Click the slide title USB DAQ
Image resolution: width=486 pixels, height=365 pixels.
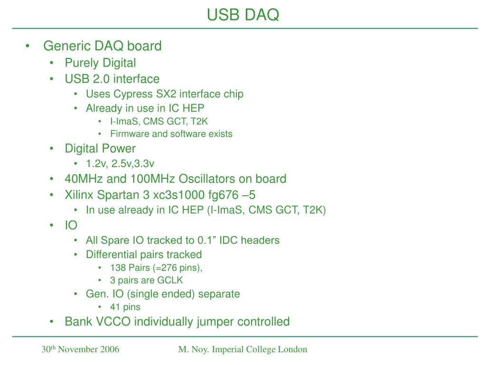243,15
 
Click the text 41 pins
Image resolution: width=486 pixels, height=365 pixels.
125,307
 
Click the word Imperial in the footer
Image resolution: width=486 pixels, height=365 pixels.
227,350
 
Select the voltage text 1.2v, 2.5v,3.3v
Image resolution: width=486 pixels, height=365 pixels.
120,164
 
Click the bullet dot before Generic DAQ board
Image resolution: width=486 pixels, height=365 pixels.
29,46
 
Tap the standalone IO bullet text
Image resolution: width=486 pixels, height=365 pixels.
71,225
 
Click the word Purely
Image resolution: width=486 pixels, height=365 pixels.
81,63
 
